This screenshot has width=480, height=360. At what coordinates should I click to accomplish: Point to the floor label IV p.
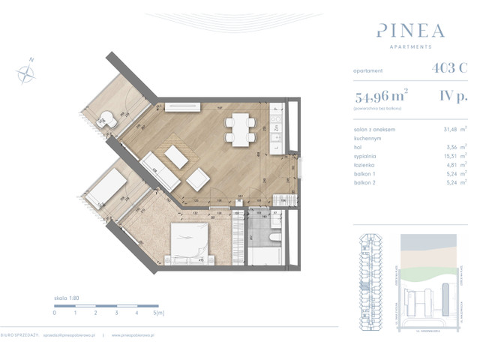[x=454, y=96]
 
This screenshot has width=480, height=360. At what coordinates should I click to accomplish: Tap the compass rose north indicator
[x=26, y=71]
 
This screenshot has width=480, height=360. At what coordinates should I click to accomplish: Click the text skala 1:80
[x=67, y=298]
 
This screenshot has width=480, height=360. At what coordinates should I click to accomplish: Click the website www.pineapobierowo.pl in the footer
[x=137, y=335]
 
